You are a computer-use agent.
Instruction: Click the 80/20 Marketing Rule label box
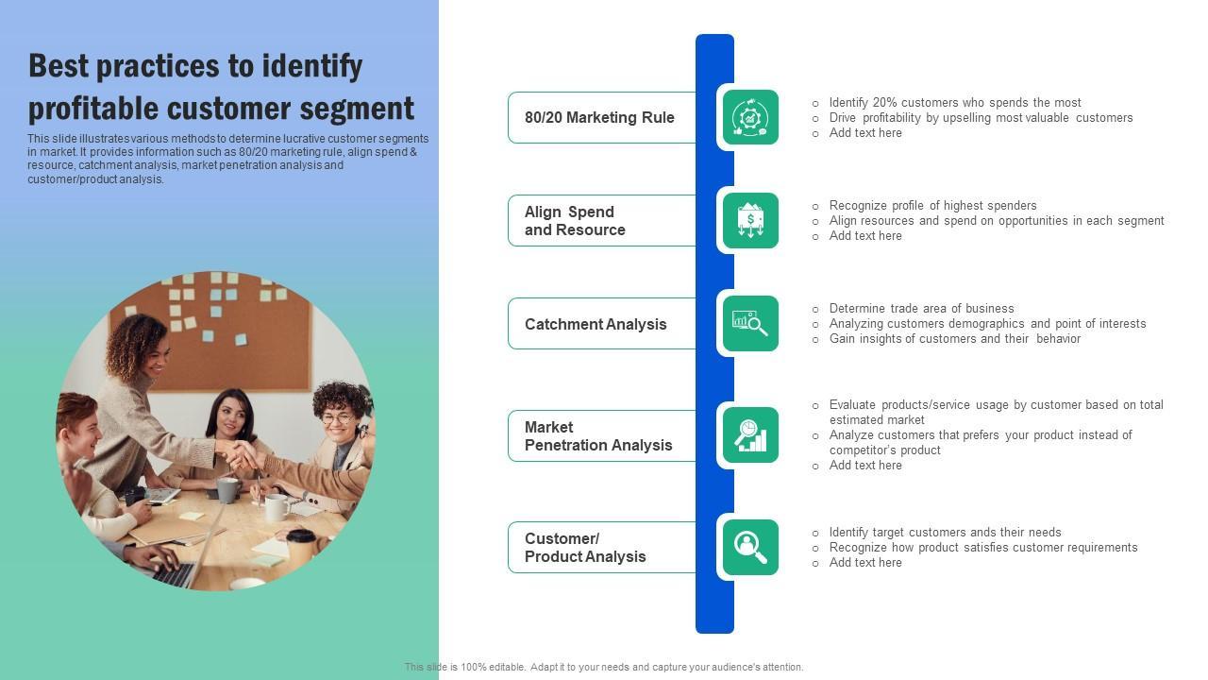(x=600, y=117)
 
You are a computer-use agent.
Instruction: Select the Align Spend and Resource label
(x=600, y=220)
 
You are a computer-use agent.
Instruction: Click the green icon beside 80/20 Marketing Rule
(x=750, y=117)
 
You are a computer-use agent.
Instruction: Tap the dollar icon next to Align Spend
(x=750, y=220)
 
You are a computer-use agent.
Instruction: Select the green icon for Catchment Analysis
(x=750, y=323)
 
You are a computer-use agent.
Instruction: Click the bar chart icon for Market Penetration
(x=750, y=434)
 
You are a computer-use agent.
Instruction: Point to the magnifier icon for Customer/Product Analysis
(x=750, y=547)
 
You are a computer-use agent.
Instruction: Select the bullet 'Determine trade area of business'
(x=921, y=308)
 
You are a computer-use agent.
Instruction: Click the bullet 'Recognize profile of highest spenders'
(x=932, y=205)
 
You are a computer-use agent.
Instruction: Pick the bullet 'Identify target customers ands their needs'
(x=945, y=532)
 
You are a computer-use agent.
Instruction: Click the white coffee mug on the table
(x=276, y=507)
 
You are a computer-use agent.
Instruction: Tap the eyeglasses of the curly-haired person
(x=338, y=417)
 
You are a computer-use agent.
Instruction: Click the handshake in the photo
(x=243, y=456)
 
